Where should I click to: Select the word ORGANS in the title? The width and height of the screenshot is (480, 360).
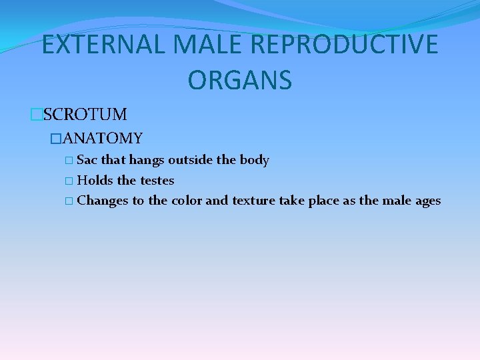click(x=240, y=80)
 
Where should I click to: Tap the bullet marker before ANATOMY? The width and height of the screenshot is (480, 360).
click(x=56, y=139)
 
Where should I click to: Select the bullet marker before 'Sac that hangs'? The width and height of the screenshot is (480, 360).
click(x=70, y=161)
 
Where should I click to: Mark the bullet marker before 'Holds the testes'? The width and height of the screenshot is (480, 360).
click(x=70, y=181)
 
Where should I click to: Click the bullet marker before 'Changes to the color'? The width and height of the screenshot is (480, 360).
click(x=70, y=201)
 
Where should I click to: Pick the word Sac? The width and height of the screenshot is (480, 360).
click(x=87, y=160)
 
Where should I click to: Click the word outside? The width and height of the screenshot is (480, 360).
click(x=192, y=160)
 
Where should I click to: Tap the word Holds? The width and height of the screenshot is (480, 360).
click(x=94, y=180)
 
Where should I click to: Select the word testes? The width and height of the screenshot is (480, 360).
click(x=157, y=180)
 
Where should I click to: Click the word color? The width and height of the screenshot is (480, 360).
click(x=187, y=201)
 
